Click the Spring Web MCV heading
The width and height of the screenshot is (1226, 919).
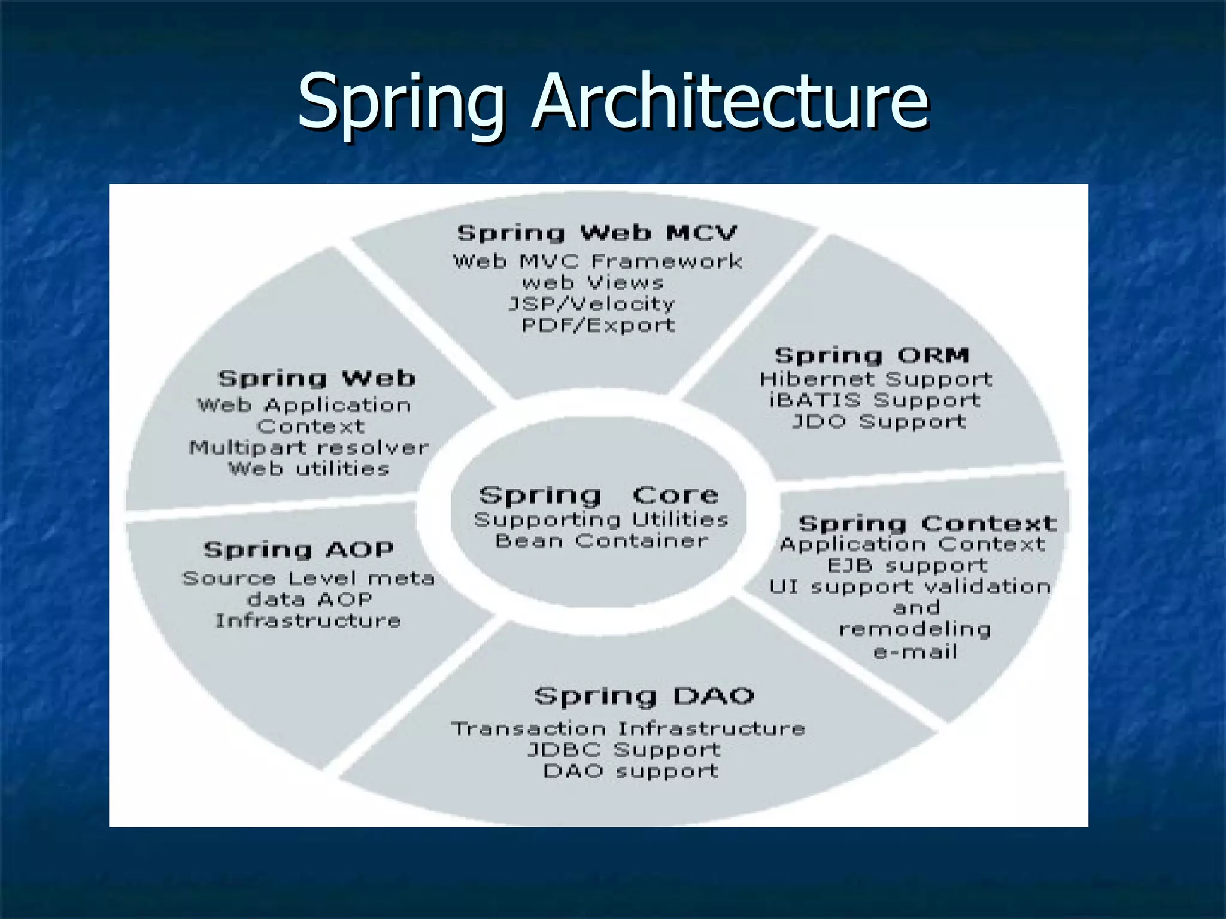[x=597, y=233]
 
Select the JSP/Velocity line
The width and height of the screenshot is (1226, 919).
[x=591, y=304]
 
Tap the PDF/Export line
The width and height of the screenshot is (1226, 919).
[x=598, y=325]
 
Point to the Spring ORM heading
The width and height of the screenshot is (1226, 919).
[x=872, y=355]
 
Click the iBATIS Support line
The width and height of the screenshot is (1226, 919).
[x=875, y=400]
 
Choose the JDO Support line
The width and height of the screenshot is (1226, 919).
[x=879, y=422]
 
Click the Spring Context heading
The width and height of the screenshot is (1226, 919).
[x=927, y=524]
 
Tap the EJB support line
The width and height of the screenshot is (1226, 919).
[x=907, y=565]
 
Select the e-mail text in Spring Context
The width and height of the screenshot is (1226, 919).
[x=915, y=652]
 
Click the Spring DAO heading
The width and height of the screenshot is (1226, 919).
[x=644, y=696]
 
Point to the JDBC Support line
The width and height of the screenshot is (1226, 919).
[x=624, y=750]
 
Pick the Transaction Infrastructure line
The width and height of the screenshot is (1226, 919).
[x=627, y=729]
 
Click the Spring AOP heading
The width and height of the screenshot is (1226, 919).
[x=299, y=550]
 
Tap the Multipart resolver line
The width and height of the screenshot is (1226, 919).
[x=309, y=448]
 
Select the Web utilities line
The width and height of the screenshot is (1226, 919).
[x=309, y=468]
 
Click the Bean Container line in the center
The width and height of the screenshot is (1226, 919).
[x=601, y=541]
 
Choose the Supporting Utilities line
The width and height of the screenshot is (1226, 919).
[x=601, y=519]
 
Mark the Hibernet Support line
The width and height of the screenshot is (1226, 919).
[x=876, y=379]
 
